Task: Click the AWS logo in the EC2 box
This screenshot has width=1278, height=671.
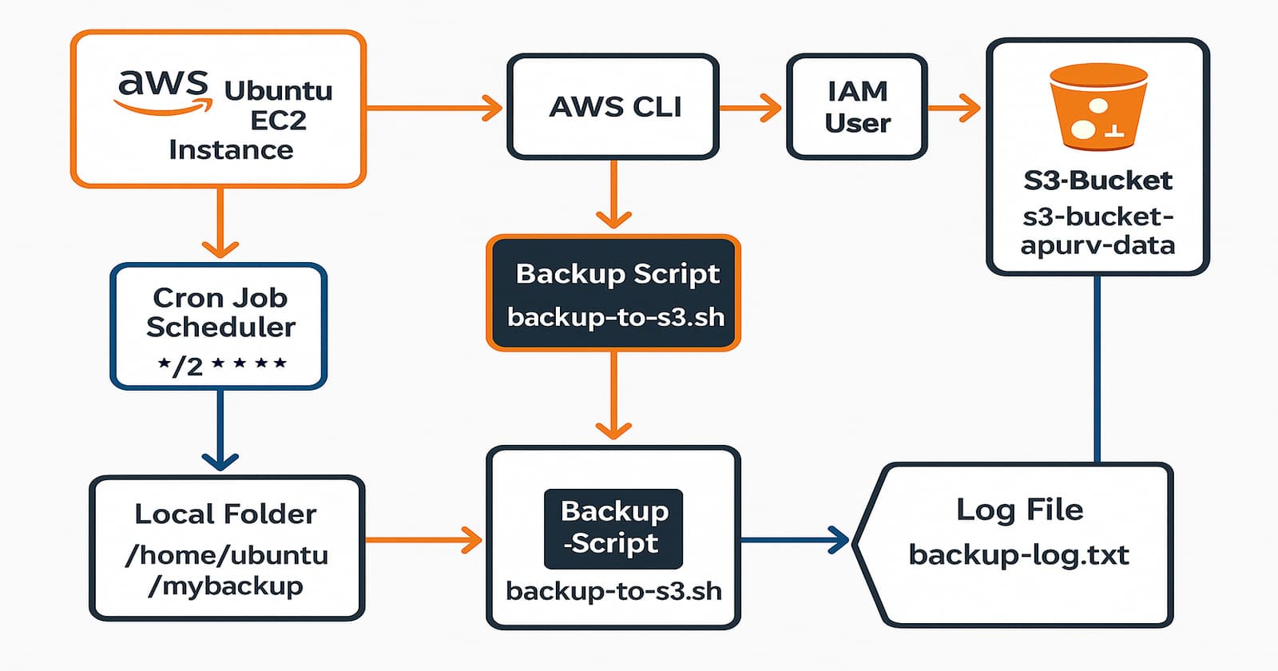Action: coord(164,91)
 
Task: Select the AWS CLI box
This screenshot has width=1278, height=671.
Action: coord(613,106)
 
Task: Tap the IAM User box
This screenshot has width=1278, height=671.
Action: coord(857,106)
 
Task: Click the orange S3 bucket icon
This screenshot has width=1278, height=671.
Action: coord(1098,108)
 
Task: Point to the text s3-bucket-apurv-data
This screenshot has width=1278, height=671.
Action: coord(1097,230)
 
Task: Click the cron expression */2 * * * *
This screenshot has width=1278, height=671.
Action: coord(221,365)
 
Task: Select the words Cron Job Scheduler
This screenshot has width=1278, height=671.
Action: coord(220,312)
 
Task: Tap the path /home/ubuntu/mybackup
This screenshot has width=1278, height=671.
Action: coord(227,570)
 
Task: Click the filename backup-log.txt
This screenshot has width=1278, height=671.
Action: coord(1018,554)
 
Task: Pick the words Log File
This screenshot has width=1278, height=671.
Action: coord(1019,510)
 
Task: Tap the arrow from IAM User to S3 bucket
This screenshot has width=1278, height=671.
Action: coord(955,107)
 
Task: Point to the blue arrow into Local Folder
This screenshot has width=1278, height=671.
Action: coord(220,431)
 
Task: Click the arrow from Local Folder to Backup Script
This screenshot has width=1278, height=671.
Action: coord(423,541)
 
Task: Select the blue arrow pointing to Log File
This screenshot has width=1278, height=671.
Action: coord(795,540)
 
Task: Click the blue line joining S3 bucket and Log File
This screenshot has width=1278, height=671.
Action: coord(1097,367)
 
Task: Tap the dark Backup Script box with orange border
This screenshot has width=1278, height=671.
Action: coord(613,293)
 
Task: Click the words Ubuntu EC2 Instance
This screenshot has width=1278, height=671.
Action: coord(248,120)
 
